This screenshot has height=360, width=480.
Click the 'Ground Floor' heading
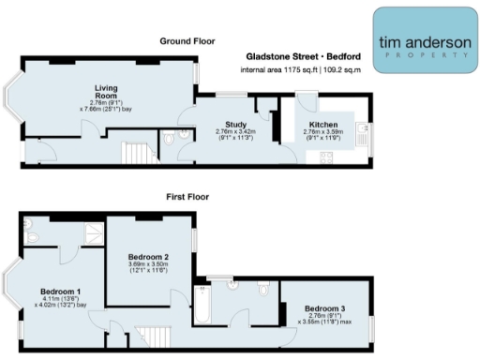[x=187, y=41]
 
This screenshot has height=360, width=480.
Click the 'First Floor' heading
[x=187, y=198]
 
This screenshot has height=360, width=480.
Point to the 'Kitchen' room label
[x=322, y=123]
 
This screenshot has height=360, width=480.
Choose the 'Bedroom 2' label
[x=148, y=257]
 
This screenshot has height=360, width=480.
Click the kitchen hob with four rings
[x=327, y=157]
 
